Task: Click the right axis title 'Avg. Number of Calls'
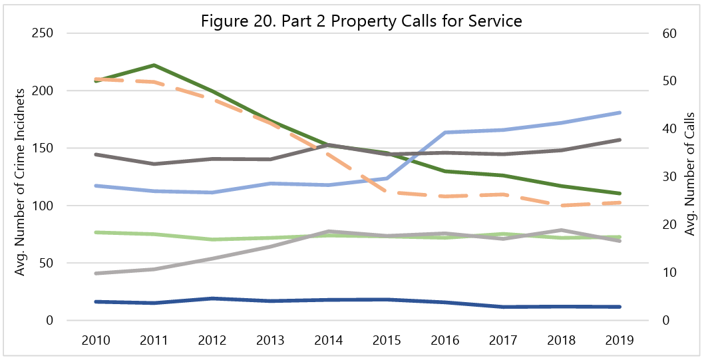689,173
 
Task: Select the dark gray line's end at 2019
620,140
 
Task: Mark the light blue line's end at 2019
620,112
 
